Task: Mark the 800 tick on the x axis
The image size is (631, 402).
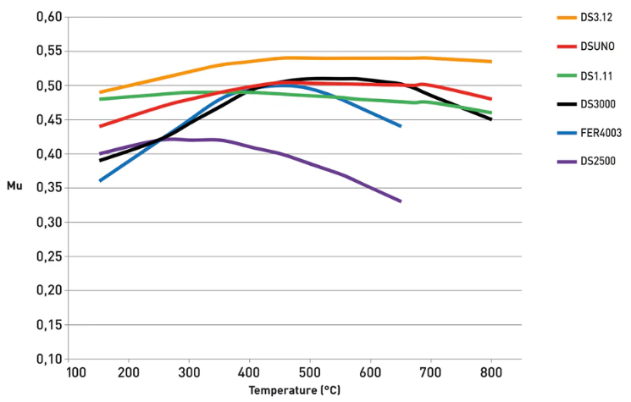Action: pyautogui.click(x=491, y=373)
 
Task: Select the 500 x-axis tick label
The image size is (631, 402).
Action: pyautogui.click(x=310, y=373)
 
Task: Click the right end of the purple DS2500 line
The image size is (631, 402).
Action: pyautogui.click(x=401, y=201)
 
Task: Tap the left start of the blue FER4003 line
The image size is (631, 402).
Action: pyautogui.click(x=100, y=180)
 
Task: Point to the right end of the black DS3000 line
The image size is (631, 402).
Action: pyautogui.click(x=491, y=119)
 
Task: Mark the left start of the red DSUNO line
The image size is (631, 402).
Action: pyautogui.click(x=100, y=126)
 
